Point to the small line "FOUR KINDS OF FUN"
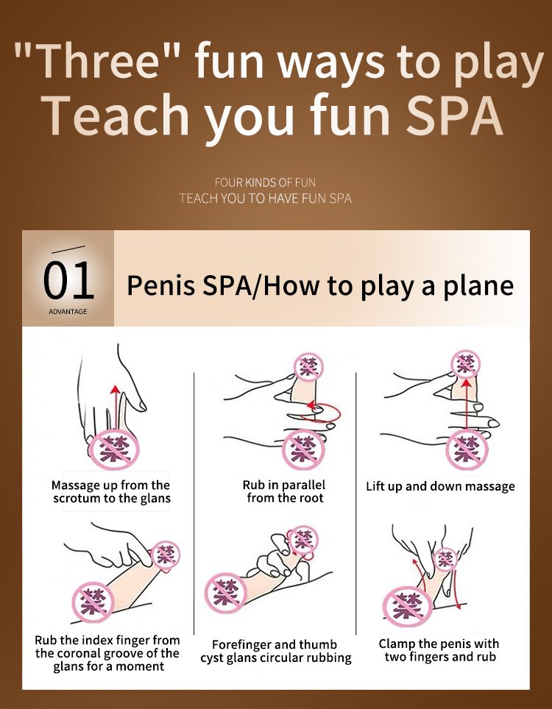265,182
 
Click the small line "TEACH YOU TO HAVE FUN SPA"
265,198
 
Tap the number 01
68,280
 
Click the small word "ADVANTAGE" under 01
68,312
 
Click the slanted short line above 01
68,249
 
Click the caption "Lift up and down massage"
440,487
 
